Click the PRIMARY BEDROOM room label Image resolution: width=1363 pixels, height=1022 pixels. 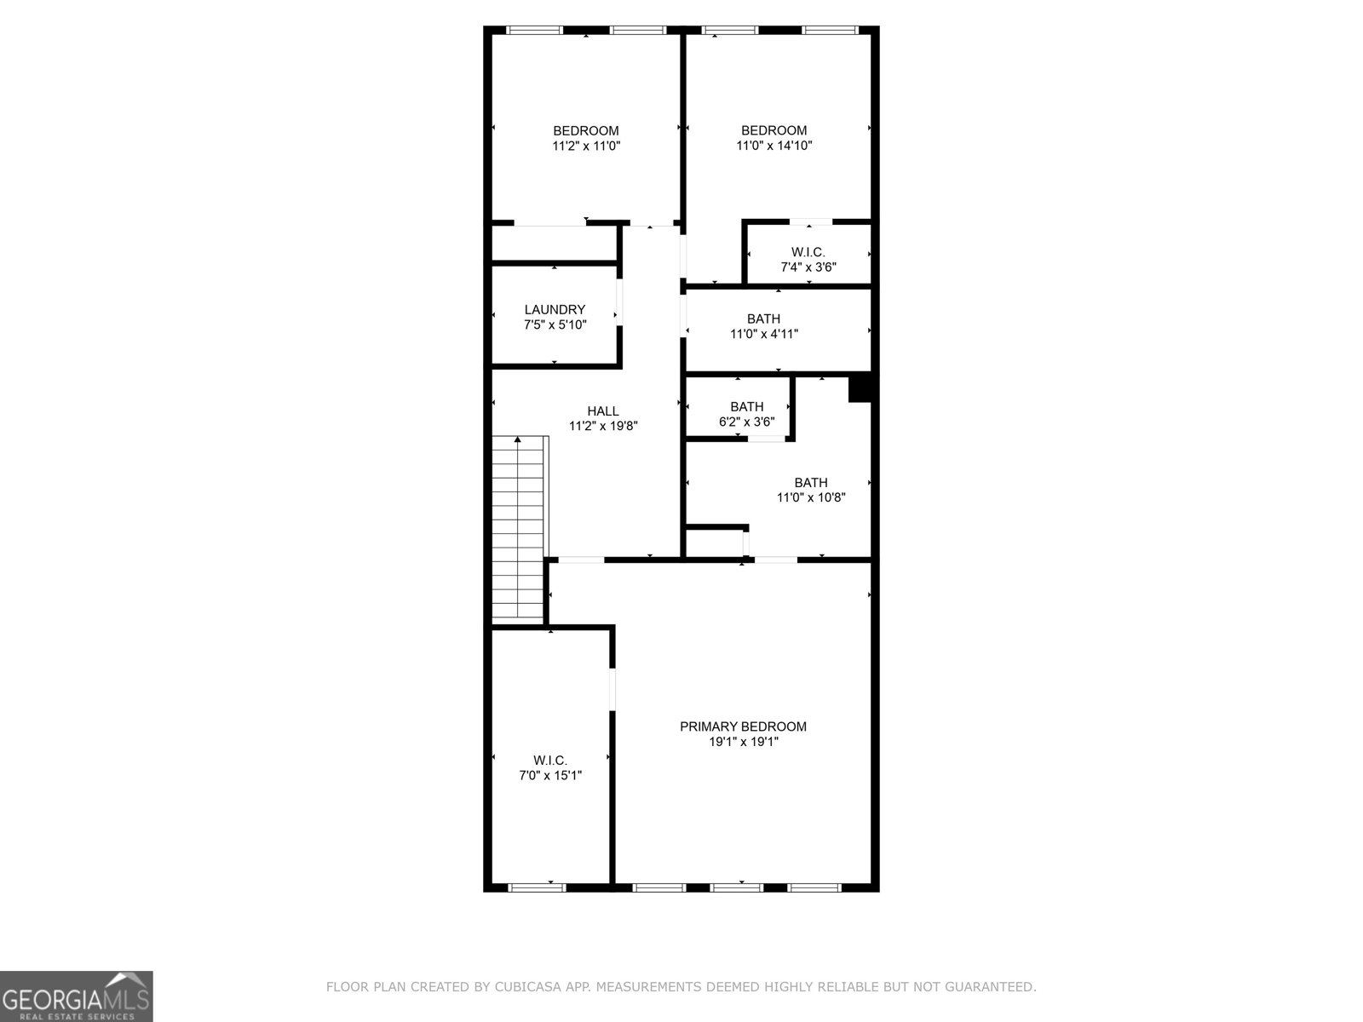click(x=743, y=726)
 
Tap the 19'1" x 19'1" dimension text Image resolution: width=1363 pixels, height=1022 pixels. click(x=743, y=742)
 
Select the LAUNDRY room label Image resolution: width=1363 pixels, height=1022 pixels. click(x=555, y=309)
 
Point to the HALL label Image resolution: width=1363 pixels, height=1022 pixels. click(x=603, y=411)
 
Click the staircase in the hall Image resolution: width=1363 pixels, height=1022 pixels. click(x=519, y=528)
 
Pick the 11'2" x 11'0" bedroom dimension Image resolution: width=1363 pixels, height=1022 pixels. click(x=586, y=146)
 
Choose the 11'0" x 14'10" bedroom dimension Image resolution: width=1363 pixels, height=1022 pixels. click(x=774, y=146)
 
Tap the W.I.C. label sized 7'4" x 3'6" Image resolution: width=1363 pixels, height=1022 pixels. click(x=808, y=252)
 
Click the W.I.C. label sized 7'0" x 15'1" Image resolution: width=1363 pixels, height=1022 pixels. click(x=550, y=760)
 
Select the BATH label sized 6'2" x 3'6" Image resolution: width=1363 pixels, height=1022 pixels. click(x=746, y=406)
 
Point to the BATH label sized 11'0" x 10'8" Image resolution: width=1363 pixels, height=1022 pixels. click(x=810, y=482)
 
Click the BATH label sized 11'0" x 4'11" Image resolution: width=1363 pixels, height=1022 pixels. click(x=763, y=319)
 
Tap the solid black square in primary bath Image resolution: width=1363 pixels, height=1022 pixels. click(x=860, y=388)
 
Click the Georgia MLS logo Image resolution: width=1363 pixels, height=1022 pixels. click(x=77, y=996)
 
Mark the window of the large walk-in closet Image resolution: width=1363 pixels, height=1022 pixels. click(x=537, y=887)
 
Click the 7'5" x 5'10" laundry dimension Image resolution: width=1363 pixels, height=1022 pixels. click(x=555, y=324)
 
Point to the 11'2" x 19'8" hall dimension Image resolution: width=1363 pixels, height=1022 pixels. click(x=603, y=426)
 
